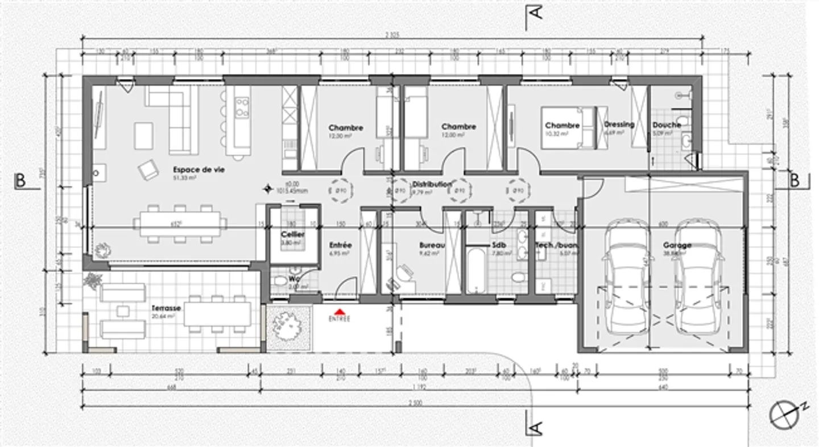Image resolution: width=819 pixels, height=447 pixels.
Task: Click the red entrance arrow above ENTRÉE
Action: click(x=340, y=311)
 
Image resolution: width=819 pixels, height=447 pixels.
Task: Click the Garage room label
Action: click(x=677, y=246)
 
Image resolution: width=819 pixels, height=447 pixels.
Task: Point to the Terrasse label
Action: click(x=166, y=308)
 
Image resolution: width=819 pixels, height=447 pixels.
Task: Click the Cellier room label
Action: click(x=292, y=234)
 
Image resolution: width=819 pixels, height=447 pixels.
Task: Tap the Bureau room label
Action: click(x=432, y=246)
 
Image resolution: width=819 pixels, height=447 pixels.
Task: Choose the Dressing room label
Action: click(x=619, y=125)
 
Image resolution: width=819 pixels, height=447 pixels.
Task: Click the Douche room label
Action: click(x=667, y=125)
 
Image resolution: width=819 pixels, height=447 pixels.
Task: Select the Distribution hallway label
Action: click(x=432, y=184)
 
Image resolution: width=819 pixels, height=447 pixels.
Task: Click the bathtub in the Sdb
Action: click(x=477, y=270)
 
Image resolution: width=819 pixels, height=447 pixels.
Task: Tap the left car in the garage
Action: click(x=627, y=276)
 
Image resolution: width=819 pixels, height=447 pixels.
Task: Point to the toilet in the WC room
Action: click(x=280, y=282)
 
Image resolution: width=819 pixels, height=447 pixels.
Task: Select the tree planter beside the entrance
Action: click(x=289, y=328)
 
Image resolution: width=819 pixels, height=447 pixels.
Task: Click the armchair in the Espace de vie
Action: click(x=149, y=169)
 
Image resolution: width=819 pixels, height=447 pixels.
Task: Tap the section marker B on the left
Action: click(x=20, y=181)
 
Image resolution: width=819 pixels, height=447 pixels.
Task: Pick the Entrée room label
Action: click(x=341, y=245)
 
